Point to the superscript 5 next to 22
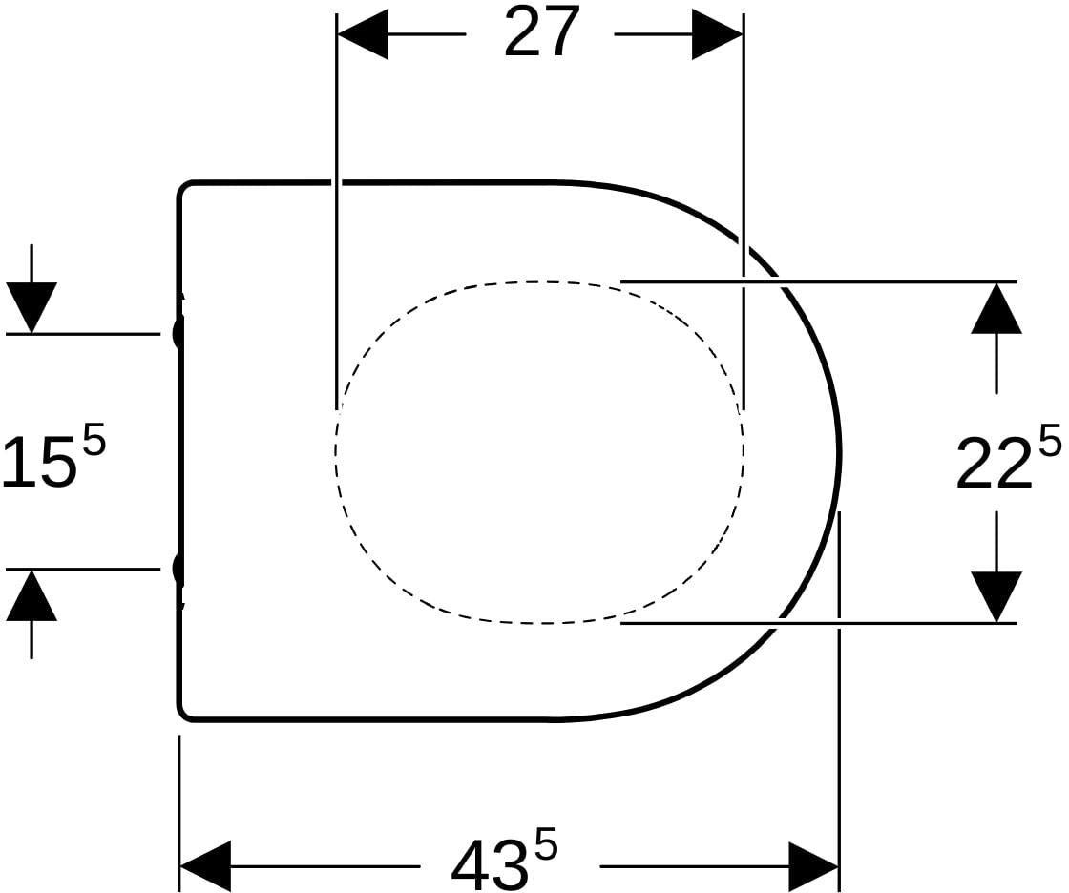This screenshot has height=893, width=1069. coord(1049,441)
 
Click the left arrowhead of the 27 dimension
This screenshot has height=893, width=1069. coord(363,33)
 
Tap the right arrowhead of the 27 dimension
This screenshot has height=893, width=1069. coord(717,33)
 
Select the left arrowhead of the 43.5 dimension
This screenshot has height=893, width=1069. coord(205,866)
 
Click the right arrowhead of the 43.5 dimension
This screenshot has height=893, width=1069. coord(813,866)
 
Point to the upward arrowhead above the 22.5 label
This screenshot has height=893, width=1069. coord(996,308)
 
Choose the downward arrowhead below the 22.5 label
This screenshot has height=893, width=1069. coord(996,596)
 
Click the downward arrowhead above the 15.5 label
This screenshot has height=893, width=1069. coord(31,307)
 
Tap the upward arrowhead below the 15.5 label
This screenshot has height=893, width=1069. coord(31,595)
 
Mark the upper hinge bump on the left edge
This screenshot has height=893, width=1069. coord(178,334)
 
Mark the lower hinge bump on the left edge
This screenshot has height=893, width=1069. coord(178,569)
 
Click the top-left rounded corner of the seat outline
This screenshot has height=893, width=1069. coord(182,186)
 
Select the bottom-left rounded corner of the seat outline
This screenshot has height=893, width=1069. coord(182,715)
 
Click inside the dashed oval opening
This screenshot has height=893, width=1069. coord(538,451)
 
